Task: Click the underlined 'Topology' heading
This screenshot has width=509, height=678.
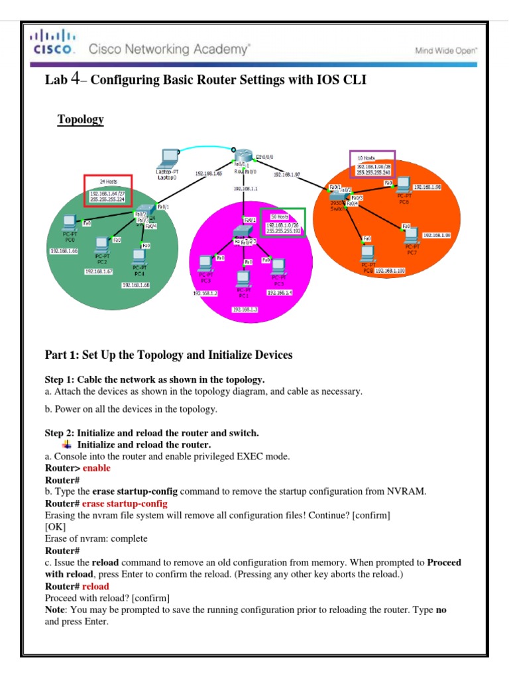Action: pyautogui.click(x=80, y=119)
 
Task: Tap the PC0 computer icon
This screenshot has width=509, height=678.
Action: pyautogui.click(x=68, y=222)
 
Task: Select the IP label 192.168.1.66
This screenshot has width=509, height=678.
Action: pyautogui.click(x=64, y=251)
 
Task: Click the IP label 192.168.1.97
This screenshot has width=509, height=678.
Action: pyautogui.click(x=287, y=175)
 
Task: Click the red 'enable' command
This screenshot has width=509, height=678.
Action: pyautogui.click(x=96, y=468)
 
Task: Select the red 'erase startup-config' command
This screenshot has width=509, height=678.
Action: pyautogui.click(x=125, y=503)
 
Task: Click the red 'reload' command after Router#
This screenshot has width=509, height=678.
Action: pyautogui.click(x=95, y=587)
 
